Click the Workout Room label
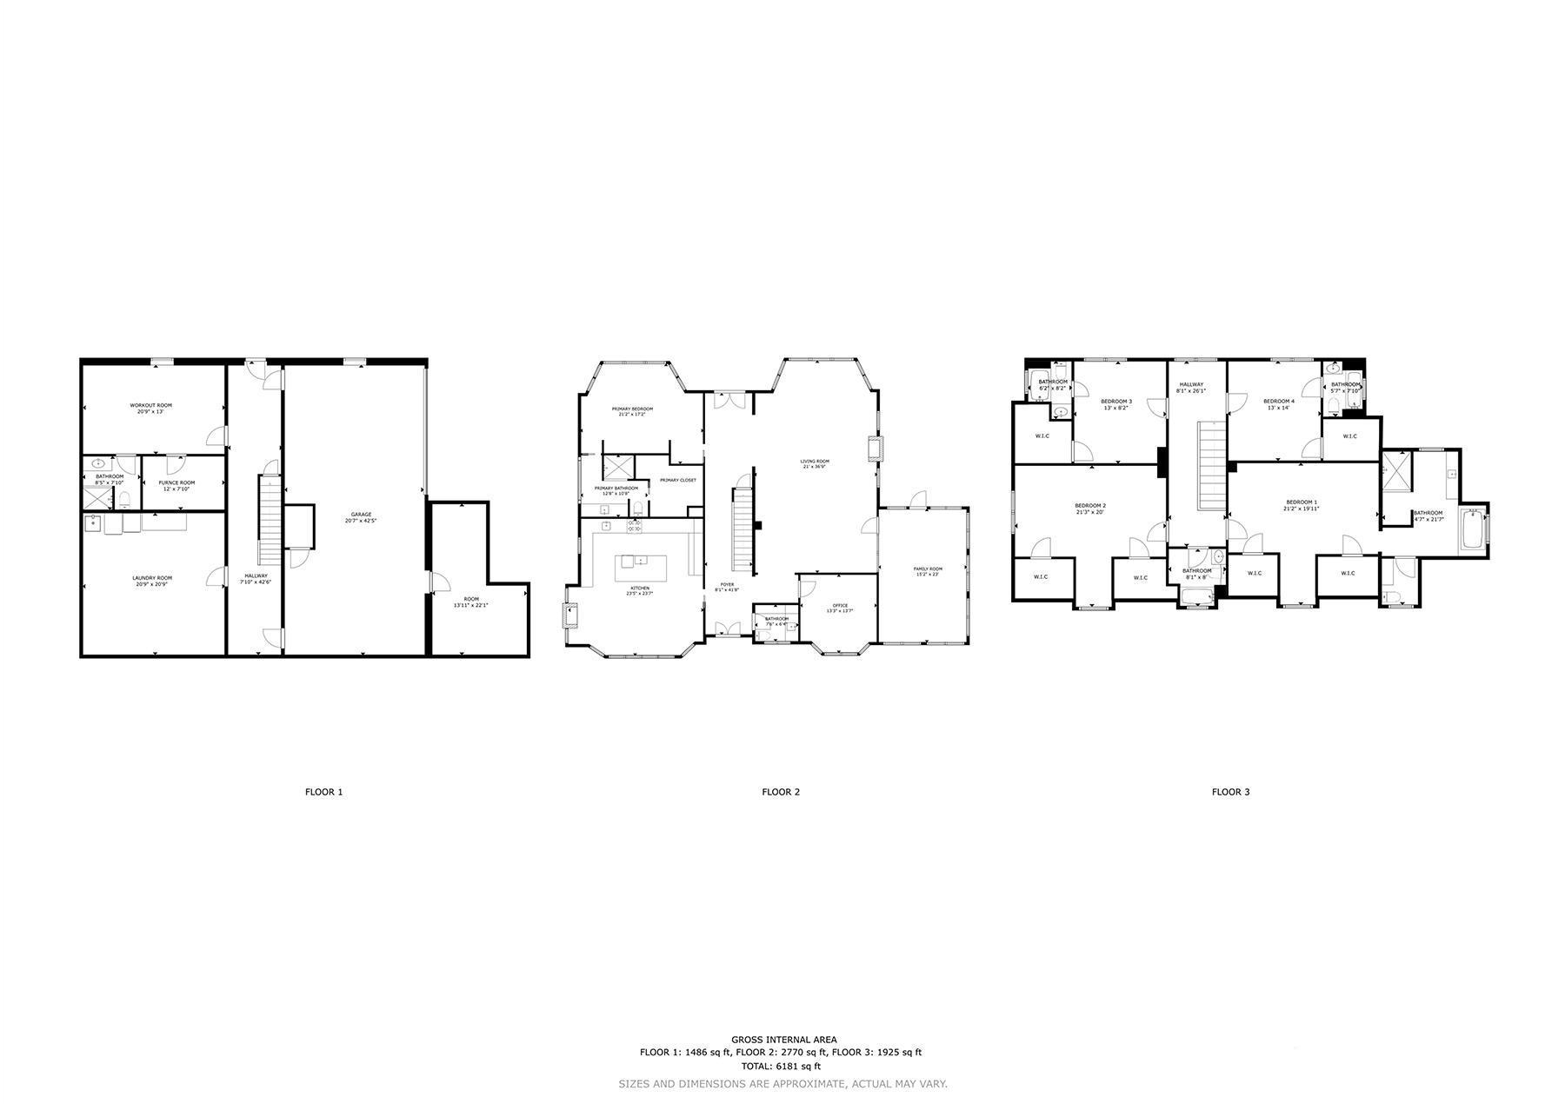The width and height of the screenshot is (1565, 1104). (151, 405)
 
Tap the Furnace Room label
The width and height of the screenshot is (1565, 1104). (176, 482)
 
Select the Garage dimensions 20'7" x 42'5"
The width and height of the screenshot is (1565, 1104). (361, 521)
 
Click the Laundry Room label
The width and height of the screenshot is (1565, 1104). (152, 578)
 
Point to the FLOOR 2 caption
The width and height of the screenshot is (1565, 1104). (780, 792)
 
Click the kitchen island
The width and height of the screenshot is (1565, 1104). (643, 569)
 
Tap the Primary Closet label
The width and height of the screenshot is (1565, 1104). (677, 480)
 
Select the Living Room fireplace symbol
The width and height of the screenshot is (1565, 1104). (874, 449)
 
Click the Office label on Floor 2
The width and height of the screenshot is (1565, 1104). (839, 605)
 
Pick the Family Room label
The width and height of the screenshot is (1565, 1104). (928, 569)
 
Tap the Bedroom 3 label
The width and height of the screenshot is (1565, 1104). (1116, 401)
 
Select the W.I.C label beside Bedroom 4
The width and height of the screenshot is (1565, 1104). (1349, 436)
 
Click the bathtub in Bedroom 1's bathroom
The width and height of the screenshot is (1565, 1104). (1472, 529)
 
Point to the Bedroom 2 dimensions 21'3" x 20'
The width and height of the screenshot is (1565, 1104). (1089, 512)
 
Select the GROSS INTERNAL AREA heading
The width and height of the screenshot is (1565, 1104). (783, 1040)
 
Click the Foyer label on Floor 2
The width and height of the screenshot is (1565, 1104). (726, 584)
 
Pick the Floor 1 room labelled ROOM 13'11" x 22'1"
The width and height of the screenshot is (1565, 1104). (470, 602)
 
